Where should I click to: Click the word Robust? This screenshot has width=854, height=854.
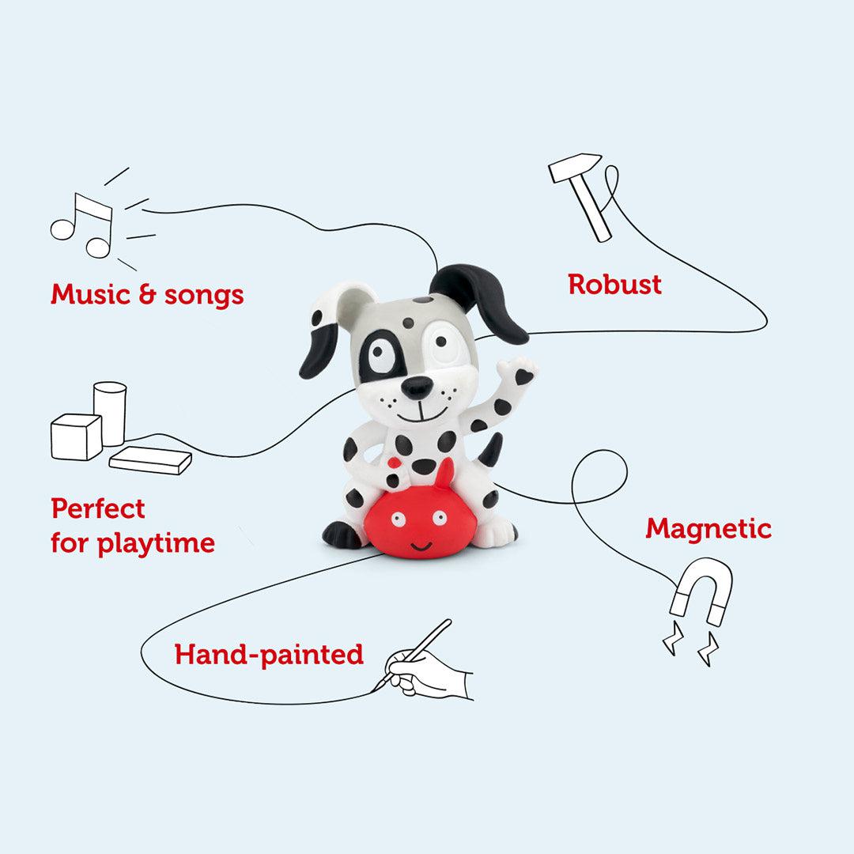tap(614, 284)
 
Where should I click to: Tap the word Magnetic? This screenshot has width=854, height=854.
tap(708, 528)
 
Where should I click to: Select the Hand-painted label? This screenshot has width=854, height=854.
tap(269, 655)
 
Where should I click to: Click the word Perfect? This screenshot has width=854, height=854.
tap(98, 508)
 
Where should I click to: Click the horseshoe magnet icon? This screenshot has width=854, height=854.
tap(700, 589)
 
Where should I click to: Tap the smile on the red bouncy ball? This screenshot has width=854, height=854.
tap(421, 545)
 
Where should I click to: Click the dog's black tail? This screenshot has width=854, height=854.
tap(491, 451)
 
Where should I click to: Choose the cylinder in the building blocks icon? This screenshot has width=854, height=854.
tap(110, 411)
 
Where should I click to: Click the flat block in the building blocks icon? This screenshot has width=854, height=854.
tap(150, 460)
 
